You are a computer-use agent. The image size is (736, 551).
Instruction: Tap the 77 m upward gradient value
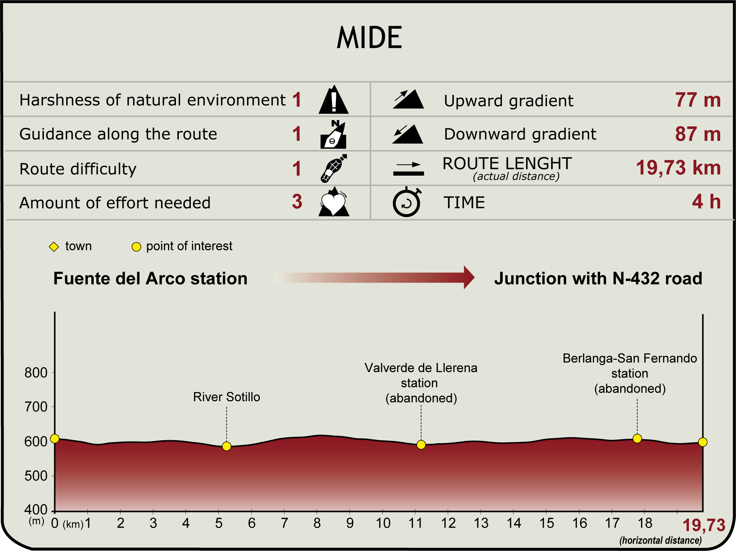697,100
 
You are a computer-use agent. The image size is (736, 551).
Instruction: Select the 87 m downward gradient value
697,134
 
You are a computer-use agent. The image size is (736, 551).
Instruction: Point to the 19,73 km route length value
678,168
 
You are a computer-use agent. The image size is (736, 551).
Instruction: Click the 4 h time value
706,202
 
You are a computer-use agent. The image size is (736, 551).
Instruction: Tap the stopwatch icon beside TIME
407,202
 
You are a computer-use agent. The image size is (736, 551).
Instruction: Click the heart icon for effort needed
333,202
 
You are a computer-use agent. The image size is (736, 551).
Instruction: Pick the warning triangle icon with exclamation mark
333,100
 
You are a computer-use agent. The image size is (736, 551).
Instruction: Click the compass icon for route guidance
333,135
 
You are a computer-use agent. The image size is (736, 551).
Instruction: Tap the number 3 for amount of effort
297,202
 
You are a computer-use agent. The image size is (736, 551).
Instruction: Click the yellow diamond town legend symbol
54,246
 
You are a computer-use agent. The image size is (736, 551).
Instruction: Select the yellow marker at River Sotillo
227,446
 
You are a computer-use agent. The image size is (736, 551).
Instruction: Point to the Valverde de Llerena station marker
421,445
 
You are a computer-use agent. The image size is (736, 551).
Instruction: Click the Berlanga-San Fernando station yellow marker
637,439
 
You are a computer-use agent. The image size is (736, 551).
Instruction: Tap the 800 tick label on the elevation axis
36,373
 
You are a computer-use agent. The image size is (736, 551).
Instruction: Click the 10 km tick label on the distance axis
383,523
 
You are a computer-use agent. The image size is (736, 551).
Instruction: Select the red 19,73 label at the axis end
703,525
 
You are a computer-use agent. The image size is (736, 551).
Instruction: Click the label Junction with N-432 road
598,279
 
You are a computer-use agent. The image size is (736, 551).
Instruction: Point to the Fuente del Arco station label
150,279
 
